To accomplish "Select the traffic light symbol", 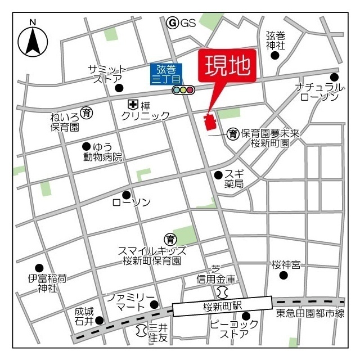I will [183, 89].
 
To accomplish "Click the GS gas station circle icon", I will [173, 23].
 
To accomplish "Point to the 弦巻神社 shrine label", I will [276, 39].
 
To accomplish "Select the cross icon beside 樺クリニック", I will [133, 104].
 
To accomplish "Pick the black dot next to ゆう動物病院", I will [86, 146].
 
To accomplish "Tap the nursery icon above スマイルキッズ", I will [169, 238].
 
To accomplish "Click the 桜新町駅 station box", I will [222, 307].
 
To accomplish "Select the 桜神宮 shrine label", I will [287, 264].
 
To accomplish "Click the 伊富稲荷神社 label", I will [48, 283].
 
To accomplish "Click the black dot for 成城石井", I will [100, 321].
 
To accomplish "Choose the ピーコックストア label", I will [234, 329].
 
